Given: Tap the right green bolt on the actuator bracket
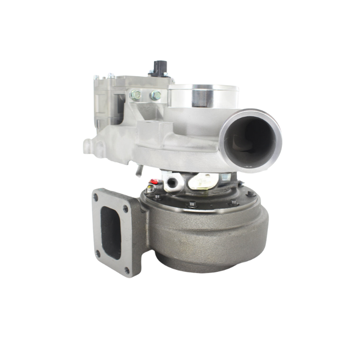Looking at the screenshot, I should [x=156, y=96].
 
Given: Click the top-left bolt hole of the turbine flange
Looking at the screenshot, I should [x=100, y=197].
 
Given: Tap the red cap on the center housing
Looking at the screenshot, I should [x=155, y=182].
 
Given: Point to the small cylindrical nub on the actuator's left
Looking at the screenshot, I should [x=86, y=144].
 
